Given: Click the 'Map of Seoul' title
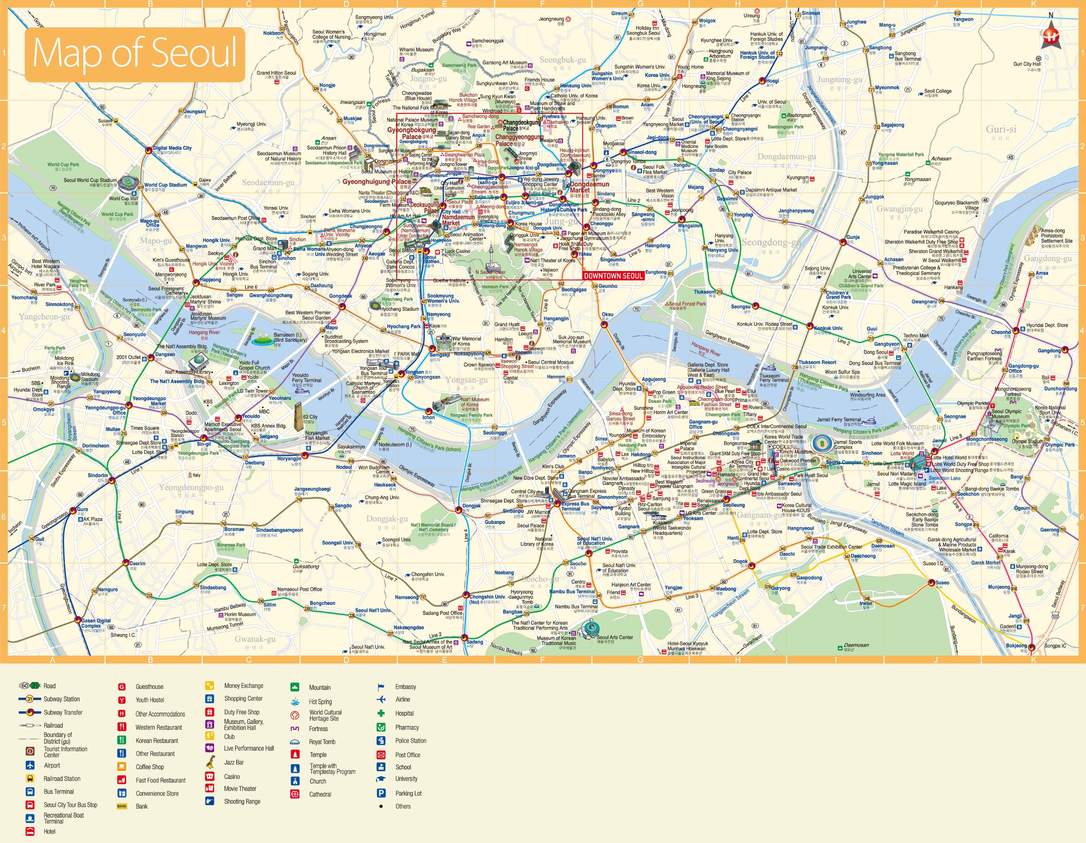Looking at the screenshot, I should click(134, 54).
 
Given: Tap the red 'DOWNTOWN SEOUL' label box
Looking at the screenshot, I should click(613, 276).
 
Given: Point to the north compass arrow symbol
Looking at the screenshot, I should click(1051, 35).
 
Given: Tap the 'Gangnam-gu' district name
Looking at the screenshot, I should click(758, 515).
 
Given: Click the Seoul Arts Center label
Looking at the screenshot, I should click(615, 637).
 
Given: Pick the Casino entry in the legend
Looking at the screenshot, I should click(232, 776).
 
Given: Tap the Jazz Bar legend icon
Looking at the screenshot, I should click(210, 761).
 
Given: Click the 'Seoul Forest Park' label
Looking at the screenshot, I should click(687, 303).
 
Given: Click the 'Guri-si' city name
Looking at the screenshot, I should click(1001, 129).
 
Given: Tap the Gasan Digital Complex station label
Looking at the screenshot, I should click(96, 623).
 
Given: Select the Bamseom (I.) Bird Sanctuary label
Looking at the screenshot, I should click(290, 337).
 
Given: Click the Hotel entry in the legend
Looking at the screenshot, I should click(49, 831).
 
